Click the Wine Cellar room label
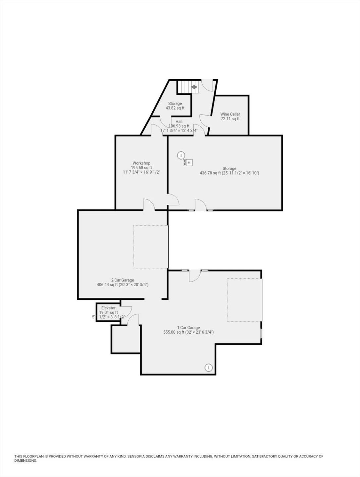coord(230,114)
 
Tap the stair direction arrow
coord(194,87)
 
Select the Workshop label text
coord(141,163)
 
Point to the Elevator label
coord(108,308)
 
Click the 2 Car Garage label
coord(123,280)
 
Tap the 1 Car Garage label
coord(188,328)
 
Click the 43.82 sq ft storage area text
coord(175,108)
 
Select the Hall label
coord(179,122)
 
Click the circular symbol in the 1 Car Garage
coord(209,367)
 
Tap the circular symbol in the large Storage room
coord(181,155)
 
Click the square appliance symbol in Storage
coord(188,163)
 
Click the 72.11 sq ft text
coord(230,119)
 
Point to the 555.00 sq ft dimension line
coord(188,332)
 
